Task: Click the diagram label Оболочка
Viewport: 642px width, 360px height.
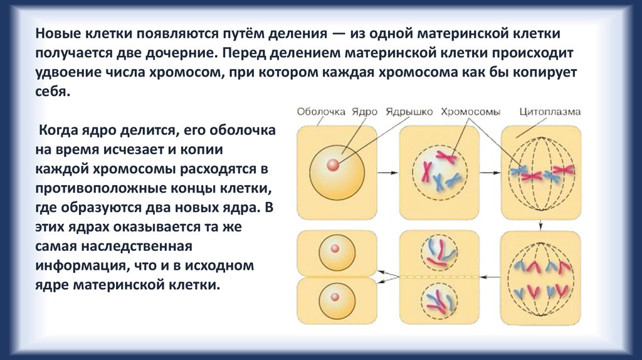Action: click(321, 112)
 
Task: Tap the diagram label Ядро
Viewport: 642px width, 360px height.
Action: click(364, 112)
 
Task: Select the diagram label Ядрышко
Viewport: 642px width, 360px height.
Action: click(410, 112)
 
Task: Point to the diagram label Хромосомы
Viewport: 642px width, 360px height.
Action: click(470, 112)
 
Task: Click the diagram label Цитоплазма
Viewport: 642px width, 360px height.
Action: click(550, 112)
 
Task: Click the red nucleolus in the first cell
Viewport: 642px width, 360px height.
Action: click(333, 165)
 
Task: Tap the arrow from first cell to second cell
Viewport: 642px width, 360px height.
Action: click(388, 171)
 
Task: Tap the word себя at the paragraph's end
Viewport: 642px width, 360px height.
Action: click(52, 92)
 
